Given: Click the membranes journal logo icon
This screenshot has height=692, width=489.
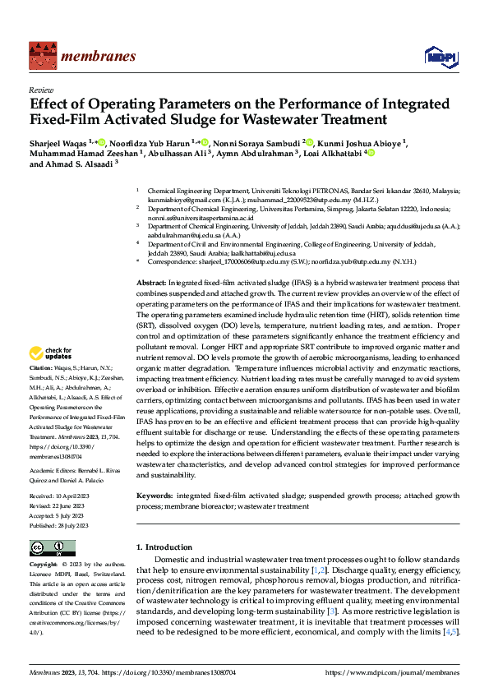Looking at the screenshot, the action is pyautogui.click(x=40, y=56).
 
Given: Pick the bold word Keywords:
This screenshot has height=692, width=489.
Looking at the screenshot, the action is pyautogui.click(x=155, y=496).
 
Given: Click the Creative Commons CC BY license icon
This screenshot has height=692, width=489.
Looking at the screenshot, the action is pyautogui.click(x=52, y=547).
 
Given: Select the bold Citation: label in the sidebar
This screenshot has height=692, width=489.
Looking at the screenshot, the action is pyautogui.click(x=40, y=390).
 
